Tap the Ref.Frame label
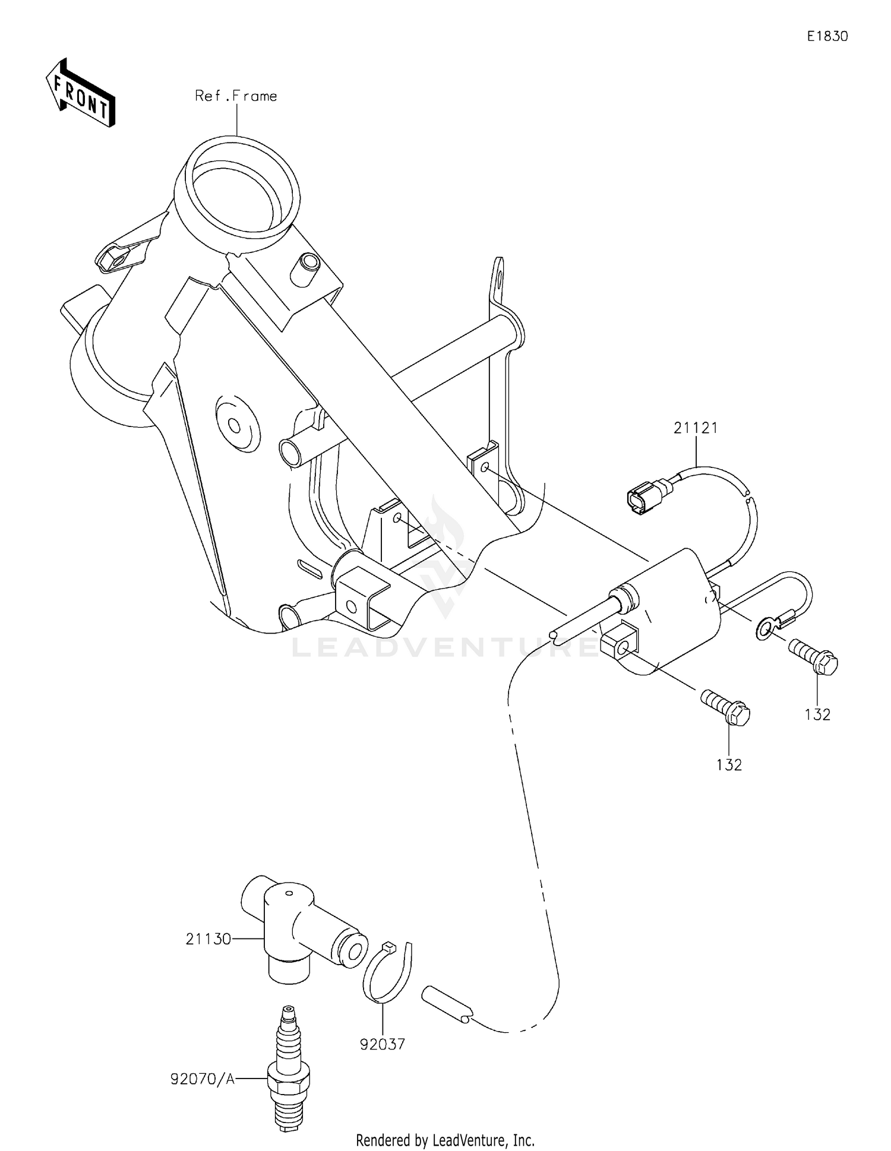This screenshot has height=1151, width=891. (x=236, y=96)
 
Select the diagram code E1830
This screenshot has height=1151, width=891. (x=827, y=36)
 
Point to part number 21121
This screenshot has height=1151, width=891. (x=696, y=428)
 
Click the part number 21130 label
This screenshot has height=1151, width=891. (x=208, y=939)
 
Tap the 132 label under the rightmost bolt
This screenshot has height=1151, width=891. (x=817, y=714)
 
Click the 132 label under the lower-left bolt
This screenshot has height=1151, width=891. (x=729, y=765)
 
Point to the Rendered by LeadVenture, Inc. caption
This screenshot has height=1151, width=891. (x=445, y=1140)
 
